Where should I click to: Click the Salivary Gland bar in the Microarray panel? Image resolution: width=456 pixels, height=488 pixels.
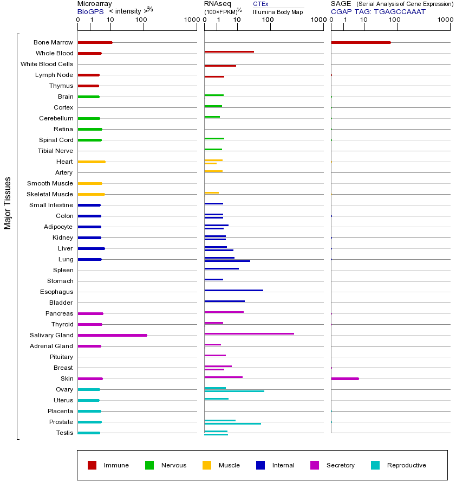click(x=112, y=335)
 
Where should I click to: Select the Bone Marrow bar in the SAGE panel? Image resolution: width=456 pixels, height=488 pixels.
click(x=361, y=42)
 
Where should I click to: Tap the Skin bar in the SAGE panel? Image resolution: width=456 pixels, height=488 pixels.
click(x=344, y=378)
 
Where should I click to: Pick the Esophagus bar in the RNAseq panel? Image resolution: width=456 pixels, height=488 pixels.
click(x=233, y=290)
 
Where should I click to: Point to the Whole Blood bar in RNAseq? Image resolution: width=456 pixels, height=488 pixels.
click(x=229, y=52)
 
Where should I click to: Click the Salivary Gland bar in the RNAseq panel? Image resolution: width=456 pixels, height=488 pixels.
click(x=249, y=333)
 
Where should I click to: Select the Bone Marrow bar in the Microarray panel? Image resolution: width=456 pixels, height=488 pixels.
click(x=95, y=42)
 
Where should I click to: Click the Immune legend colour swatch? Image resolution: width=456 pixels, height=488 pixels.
click(x=92, y=465)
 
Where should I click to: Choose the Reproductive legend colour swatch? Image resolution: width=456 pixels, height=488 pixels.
click(x=375, y=465)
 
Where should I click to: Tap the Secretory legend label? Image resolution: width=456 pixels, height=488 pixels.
click(x=340, y=465)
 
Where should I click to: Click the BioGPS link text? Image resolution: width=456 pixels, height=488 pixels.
click(x=90, y=11)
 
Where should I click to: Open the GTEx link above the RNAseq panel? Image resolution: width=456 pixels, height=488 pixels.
click(x=260, y=4)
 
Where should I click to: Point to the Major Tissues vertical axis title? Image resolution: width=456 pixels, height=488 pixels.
click(x=8, y=202)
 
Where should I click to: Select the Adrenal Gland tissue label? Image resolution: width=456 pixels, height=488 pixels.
click(x=52, y=346)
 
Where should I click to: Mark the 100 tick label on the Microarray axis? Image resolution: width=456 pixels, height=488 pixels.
click(x=141, y=20)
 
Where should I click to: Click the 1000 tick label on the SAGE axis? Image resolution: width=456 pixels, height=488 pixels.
click(x=445, y=20)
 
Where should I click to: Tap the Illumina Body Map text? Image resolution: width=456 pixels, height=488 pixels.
click(x=278, y=11)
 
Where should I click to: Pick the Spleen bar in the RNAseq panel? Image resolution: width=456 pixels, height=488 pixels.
click(x=222, y=268)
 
